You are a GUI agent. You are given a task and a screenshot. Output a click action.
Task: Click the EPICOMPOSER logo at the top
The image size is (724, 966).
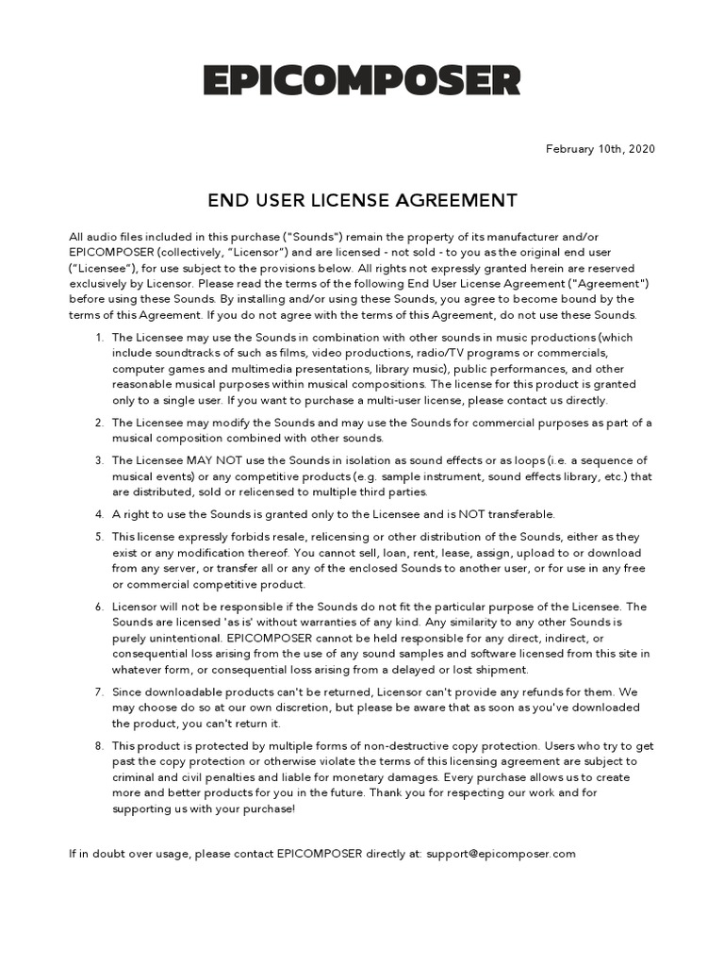[362, 80]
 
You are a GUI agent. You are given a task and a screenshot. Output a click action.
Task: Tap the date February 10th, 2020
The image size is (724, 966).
[601, 149]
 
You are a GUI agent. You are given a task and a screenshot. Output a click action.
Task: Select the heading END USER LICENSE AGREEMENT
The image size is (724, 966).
[362, 200]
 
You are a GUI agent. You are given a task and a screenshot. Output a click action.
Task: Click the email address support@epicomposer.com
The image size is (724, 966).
[501, 854]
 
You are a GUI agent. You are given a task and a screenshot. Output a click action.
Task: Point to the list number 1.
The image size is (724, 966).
[99, 338]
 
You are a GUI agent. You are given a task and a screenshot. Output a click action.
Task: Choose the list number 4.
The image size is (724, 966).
[99, 514]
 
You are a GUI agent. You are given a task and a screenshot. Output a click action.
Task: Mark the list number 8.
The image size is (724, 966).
[99, 746]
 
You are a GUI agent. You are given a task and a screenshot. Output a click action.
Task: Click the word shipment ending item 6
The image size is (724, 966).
[501, 670]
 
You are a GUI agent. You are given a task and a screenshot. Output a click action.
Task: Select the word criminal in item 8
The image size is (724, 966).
[135, 777]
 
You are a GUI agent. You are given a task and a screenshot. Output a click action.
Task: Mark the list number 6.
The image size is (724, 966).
[99, 607]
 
